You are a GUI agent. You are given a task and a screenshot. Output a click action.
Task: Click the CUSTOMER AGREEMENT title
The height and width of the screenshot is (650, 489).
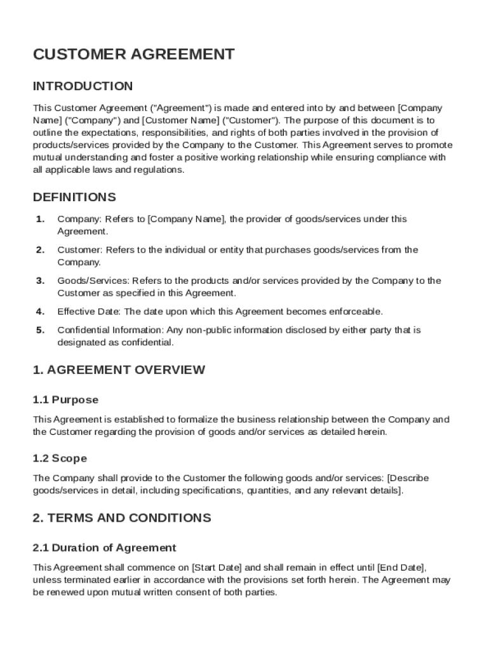pos(133,55)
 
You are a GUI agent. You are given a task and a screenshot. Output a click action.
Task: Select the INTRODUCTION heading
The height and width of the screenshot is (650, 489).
pos(83,86)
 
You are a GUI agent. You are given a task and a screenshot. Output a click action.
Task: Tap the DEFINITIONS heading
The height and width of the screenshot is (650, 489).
pos(74,197)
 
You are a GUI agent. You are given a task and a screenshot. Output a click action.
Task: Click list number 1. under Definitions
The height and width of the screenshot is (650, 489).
pos(40,219)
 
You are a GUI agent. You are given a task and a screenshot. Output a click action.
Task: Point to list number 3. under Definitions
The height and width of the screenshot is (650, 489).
pos(40,281)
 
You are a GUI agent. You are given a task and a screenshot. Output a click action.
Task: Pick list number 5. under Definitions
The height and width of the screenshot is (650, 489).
pos(40,330)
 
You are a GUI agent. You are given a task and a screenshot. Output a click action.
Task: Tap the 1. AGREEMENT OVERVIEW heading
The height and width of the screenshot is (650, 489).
pos(119,369)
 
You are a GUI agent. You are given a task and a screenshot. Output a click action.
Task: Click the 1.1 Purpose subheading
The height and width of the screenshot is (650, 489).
pos(65,400)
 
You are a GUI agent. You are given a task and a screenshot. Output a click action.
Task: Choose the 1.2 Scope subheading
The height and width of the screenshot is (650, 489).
pos(60,458)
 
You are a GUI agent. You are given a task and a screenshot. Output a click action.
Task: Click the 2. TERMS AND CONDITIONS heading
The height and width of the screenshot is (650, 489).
pos(121,518)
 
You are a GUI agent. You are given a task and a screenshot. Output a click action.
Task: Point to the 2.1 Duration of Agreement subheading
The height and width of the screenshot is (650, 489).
pos(104,548)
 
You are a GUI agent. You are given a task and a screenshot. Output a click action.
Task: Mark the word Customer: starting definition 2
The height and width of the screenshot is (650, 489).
pos(79,250)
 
